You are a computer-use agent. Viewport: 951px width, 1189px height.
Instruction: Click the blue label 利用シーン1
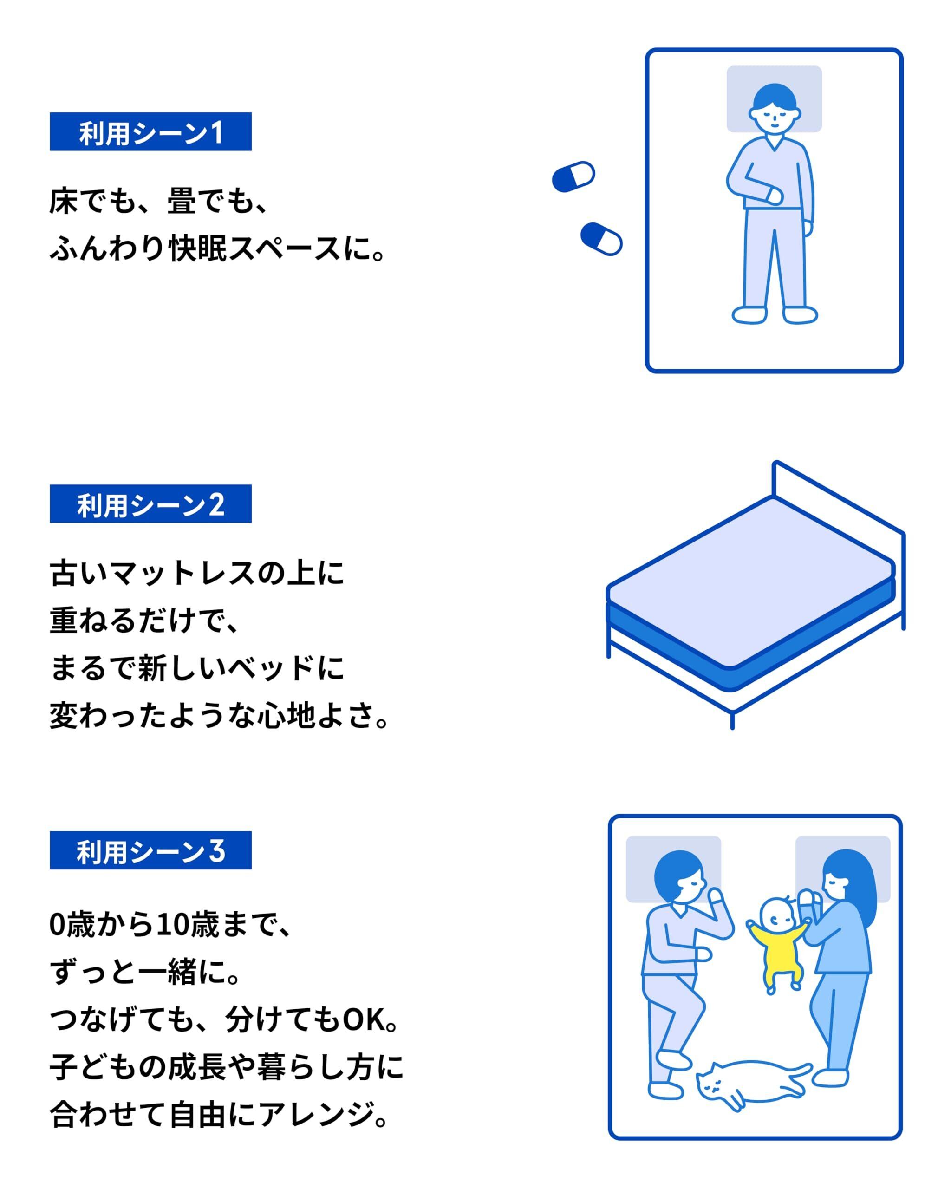pyautogui.click(x=150, y=132)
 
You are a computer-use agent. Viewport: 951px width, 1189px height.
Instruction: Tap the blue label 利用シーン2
pyautogui.click(x=150, y=503)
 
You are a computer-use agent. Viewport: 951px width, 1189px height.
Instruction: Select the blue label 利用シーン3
pyautogui.click(x=150, y=850)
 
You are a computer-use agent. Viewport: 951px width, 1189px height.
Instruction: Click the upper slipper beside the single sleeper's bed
pyautogui.click(x=573, y=177)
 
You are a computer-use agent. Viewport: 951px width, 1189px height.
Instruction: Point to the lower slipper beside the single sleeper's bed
pyautogui.click(x=601, y=239)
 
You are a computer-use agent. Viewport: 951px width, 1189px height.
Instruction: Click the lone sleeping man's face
pyautogui.click(x=774, y=118)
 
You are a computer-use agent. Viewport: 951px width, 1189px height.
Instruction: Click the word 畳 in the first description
pyautogui.click(x=182, y=201)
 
